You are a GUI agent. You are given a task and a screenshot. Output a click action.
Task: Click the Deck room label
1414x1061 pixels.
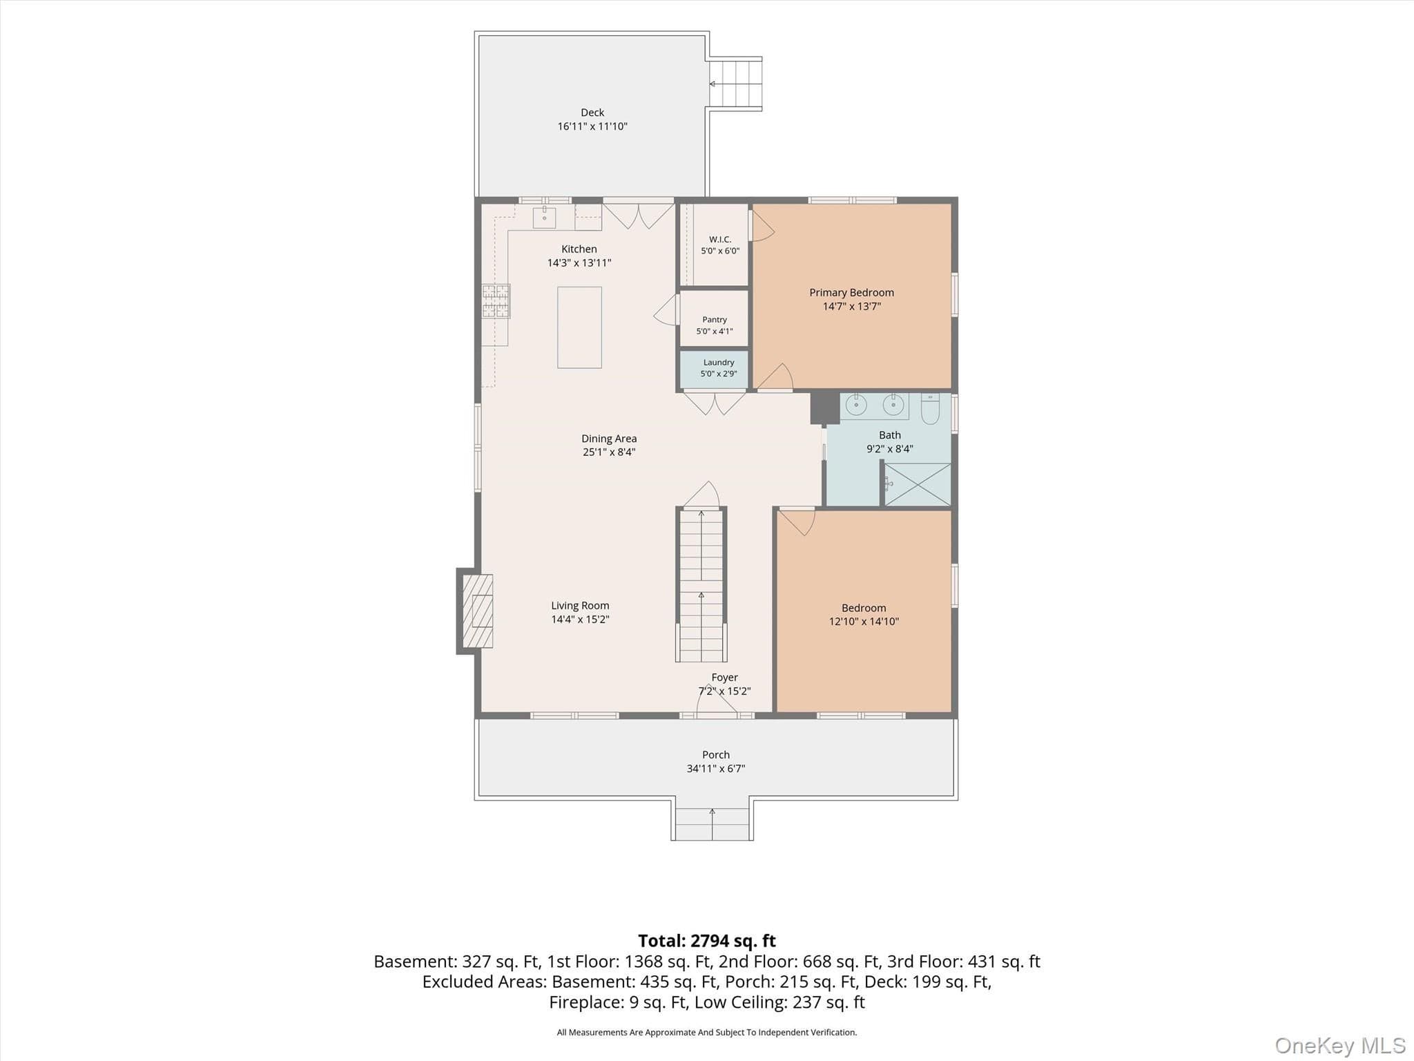(x=592, y=113)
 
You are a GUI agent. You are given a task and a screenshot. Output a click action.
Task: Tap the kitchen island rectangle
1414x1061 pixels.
(x=579, y=327)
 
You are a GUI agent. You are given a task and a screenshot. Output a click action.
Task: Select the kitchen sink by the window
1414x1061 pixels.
(x=544, y=217)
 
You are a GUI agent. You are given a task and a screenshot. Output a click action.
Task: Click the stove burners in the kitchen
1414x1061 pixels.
(x=496, y=301)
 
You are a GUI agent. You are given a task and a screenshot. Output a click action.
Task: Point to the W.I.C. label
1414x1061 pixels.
(x=720, y=239)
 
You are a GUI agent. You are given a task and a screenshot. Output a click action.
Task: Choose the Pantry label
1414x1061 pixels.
(x=715, y=320)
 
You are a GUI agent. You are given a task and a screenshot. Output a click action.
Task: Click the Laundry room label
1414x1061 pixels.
(x=719, y=363)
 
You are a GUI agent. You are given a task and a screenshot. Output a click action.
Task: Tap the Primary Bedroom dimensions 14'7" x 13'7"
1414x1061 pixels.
(x=852, y=307)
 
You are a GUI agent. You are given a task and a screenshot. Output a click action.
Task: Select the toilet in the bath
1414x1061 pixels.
(x=930, y=408)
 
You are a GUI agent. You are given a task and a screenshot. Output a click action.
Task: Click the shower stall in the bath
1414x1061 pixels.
(x=918, y=484)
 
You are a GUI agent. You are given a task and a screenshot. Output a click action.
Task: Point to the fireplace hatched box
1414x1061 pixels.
(x=477, y=611)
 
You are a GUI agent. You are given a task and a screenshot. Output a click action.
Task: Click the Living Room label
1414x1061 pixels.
(x=580, y=606)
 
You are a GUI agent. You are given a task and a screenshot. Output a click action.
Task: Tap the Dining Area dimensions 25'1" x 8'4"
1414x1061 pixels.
(x=609, y=452)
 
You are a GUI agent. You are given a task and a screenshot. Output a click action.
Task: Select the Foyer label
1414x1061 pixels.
(x=725, y=678)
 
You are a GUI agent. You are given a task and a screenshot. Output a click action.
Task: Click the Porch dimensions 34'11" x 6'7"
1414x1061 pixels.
(x=716, y=769)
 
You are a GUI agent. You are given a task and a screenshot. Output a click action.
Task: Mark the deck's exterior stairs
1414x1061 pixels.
(x=736, y=84)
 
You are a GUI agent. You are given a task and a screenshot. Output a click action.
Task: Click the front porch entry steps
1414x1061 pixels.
(x=712, y=823)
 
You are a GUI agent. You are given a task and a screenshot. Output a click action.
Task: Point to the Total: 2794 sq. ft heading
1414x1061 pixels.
(x=707, y=941)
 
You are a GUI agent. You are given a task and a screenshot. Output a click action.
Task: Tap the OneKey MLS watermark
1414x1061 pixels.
(x=1340, y=1046)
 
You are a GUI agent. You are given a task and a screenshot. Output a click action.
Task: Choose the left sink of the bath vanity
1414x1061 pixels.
(x=856, y=405)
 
